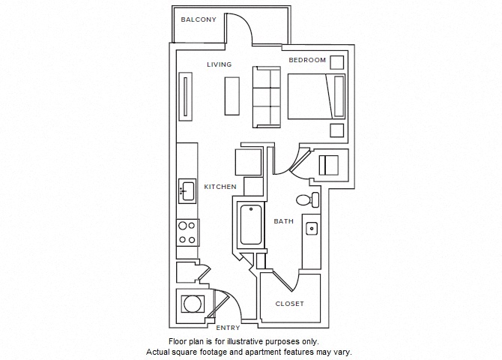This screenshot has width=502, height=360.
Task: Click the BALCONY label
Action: coord(199,19)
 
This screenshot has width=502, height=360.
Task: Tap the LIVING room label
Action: coord(220,64)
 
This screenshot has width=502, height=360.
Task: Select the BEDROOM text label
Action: coord(308,60)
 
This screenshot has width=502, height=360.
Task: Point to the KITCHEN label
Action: coord(221,187)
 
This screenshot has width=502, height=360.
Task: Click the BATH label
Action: coord(283,221)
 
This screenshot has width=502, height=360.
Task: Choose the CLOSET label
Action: coord(290,304)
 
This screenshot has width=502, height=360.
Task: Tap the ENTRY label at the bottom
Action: coord(228,328)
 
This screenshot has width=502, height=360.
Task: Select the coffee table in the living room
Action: coord(232,96)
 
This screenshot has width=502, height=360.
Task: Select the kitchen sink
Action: coord(187,191)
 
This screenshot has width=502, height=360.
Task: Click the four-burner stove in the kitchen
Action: coord(187,232)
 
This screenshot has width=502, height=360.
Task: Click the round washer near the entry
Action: coord(193,304)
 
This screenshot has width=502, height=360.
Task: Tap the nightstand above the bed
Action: coord(338,62)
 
